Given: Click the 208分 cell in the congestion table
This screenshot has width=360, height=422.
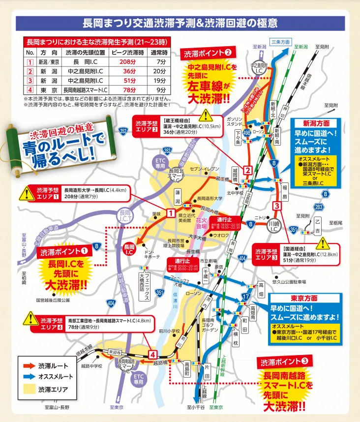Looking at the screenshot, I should (x=127, y=62).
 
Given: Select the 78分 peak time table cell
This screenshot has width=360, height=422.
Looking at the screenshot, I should (x=127, y=90).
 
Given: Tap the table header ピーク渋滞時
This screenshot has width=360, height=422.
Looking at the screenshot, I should (x=127, y=53).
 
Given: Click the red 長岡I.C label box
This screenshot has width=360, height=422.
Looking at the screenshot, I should (x=129, y=249).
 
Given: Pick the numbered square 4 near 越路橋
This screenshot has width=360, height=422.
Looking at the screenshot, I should (x=153, y=354).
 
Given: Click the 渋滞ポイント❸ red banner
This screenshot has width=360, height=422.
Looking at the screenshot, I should (x=284, y=362).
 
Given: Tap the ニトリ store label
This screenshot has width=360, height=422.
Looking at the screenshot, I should (x=260, y=217).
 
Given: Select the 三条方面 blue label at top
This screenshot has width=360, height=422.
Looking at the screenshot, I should (x=280, y=41).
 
